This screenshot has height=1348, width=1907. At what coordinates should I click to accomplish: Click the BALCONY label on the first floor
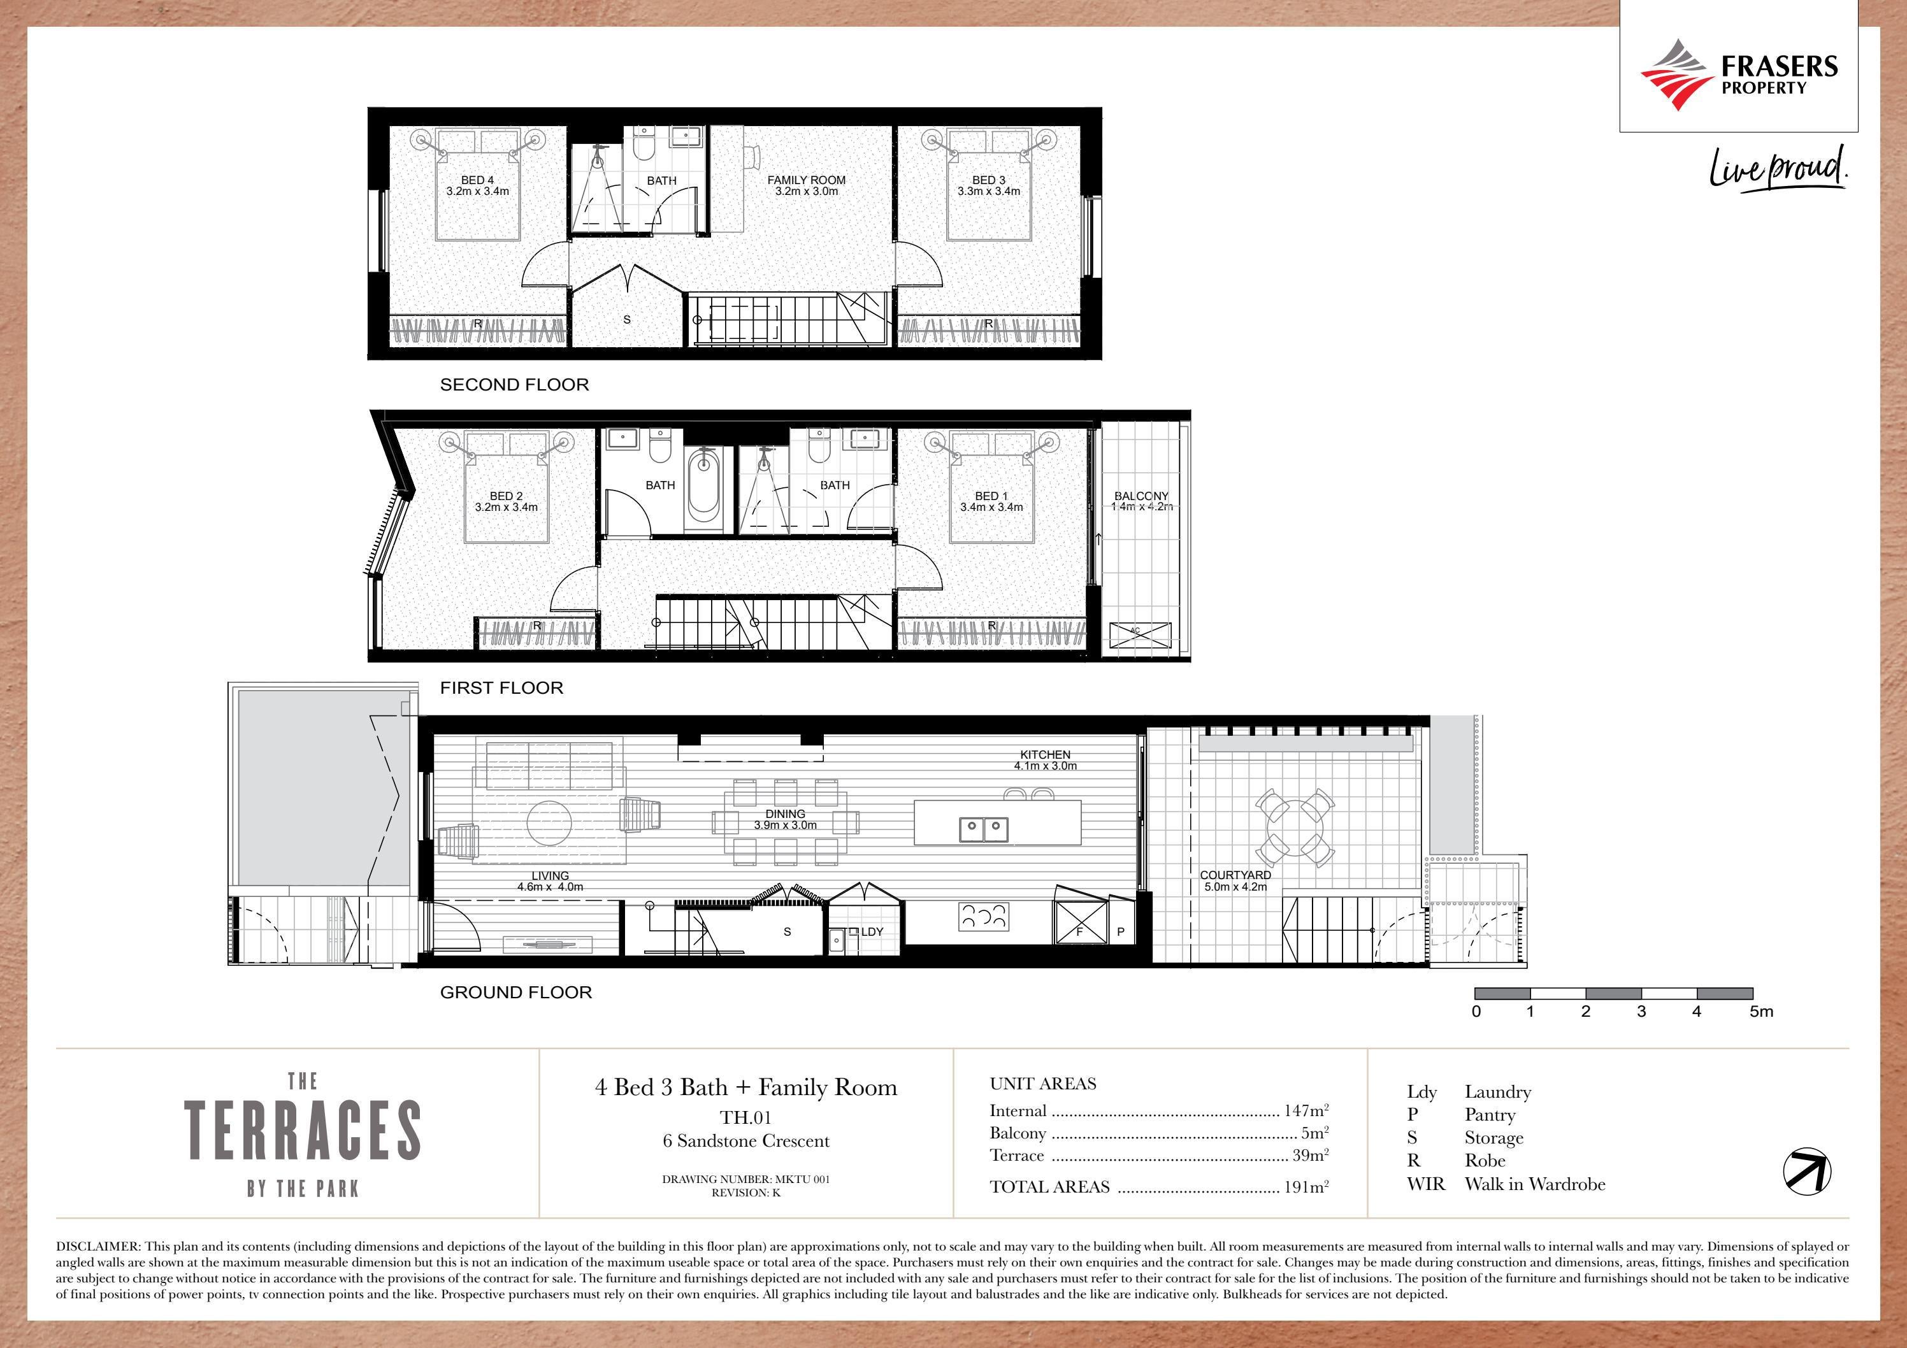click(x=1141, y=501)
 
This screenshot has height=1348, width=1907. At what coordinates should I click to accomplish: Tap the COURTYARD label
click(x=1235, y=880)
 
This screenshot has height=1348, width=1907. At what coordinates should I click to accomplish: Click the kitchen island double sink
click(x=983, y=828)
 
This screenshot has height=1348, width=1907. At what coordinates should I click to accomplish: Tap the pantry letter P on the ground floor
click(x=1121, y=932)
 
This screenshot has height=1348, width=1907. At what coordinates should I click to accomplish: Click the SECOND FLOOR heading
click(x=514, y=385)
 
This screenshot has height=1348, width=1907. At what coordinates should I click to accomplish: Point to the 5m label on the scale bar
click(x=1761, y=1012)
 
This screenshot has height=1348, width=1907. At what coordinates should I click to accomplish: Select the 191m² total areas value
click(x=1306, y=1187)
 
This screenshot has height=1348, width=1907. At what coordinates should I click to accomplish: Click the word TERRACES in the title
click(x=302, y=1130)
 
